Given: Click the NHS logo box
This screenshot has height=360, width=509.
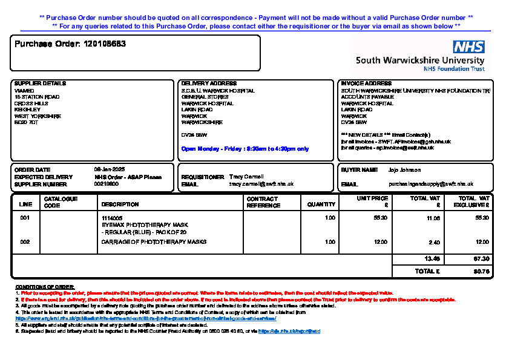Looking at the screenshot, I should click(469, 47).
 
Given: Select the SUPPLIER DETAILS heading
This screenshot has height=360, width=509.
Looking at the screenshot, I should click(40, 83).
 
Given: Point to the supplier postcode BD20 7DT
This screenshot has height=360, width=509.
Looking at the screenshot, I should click(26, 123).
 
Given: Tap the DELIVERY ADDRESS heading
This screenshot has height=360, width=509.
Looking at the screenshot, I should click(209, 83).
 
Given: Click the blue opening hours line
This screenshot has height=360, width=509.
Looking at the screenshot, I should click(245, 149).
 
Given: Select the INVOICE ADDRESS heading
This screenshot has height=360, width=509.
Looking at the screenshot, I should click(366, 83).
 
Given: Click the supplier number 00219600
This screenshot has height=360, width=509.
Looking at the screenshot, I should click(106, 184).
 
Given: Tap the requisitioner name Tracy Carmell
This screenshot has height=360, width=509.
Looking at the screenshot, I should click(246, 177).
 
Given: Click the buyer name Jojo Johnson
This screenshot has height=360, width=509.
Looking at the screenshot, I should click(405, 170).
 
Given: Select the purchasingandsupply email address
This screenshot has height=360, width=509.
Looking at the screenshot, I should click(431, 184).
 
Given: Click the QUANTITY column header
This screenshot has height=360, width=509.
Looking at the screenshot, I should click(321, 205).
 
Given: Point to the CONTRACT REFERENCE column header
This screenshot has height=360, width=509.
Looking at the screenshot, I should click(263, 202).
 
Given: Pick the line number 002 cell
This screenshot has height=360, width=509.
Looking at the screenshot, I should click(25, 242).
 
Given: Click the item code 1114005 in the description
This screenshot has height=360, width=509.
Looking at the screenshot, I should click(112, 218).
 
